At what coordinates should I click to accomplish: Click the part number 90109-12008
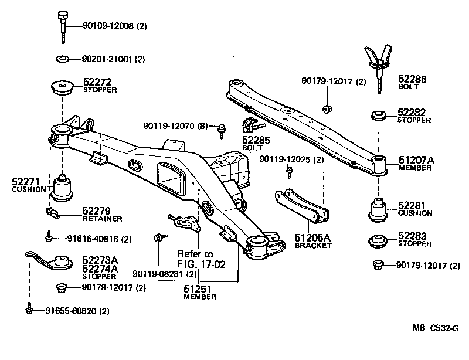(x=101, y=26)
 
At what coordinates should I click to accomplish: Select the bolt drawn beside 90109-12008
(x=63, y=26)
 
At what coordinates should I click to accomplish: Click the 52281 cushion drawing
(x=379, y=211)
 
